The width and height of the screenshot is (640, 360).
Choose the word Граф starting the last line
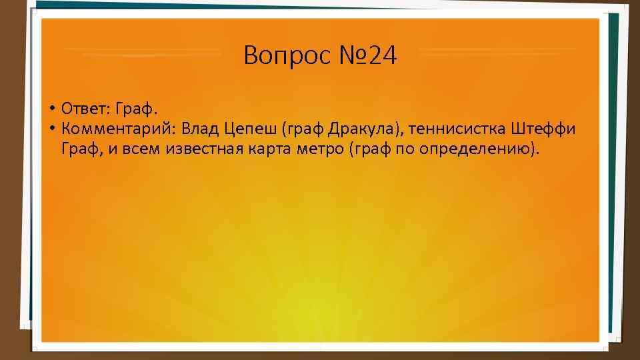pyautogui.click(x=80, y=149)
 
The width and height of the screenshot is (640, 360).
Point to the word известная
pyautogui.click(x=193, y=149)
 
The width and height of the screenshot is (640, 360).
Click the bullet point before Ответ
pyautogui.click(x=51, y=108)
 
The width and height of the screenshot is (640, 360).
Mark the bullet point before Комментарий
pyautogui.click(x=51, y=128)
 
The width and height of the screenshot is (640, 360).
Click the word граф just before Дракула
pyautogui.click(x=304, y=129)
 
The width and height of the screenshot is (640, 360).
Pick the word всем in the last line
pyautogui.click(x=137, y=149)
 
